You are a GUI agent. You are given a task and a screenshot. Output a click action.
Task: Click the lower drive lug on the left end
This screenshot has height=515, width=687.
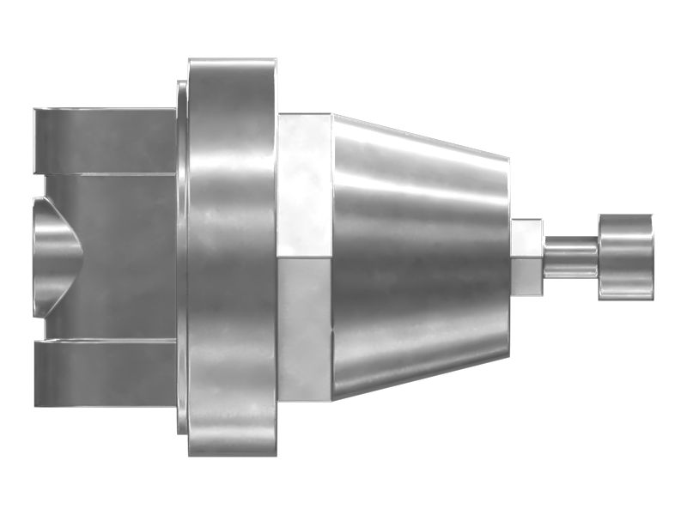[103, 373]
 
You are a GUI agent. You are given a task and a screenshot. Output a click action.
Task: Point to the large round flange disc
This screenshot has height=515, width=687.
[230, 257]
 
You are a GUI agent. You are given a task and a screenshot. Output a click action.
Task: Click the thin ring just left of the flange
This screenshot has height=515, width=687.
[182, 257]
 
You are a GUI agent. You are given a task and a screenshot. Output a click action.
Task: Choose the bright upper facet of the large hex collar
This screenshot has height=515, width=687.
[304, 185]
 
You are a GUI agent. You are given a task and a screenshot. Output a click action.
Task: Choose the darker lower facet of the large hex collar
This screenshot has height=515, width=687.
[304, 330]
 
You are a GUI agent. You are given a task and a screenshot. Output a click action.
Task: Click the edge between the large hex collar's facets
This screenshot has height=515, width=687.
[304, 257]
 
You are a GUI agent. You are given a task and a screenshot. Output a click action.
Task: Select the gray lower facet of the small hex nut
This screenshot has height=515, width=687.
[526, 275]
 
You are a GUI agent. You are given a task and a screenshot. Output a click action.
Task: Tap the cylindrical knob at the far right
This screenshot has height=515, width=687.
[626, 257]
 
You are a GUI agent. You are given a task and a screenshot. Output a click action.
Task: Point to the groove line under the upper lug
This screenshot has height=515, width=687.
[103, 174]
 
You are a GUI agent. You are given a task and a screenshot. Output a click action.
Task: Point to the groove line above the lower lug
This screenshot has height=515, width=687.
[103, 340]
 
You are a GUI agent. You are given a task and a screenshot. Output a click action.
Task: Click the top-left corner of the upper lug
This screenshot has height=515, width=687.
[36, 111]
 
